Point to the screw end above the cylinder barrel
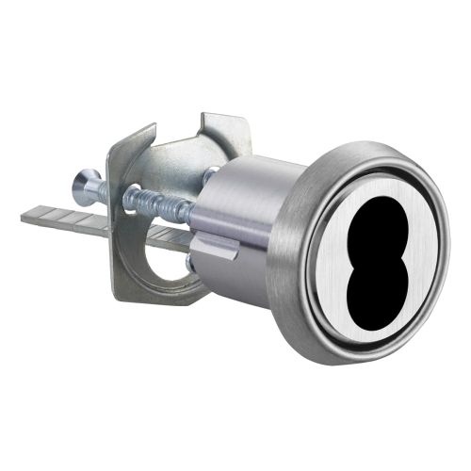[x=213, y=173]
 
